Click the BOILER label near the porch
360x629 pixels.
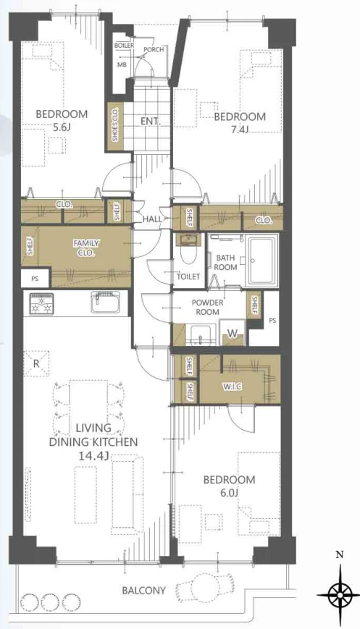[124, 46]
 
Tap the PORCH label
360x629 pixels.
[154, 50]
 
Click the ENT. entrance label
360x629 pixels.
[151, 121]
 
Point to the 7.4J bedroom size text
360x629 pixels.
[240, 130]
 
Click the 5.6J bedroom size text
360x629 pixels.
[62, 127]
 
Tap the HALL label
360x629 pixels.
[153, 219]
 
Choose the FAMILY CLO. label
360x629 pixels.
[86, 248]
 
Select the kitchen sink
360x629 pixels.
[106, 302]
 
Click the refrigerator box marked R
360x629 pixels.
[36, 364]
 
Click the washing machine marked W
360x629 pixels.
[233, 332]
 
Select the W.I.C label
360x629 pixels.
[233, 387]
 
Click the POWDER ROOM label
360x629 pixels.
[207, 308]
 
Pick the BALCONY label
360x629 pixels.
[143, 591]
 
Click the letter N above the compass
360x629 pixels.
[340, 554]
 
